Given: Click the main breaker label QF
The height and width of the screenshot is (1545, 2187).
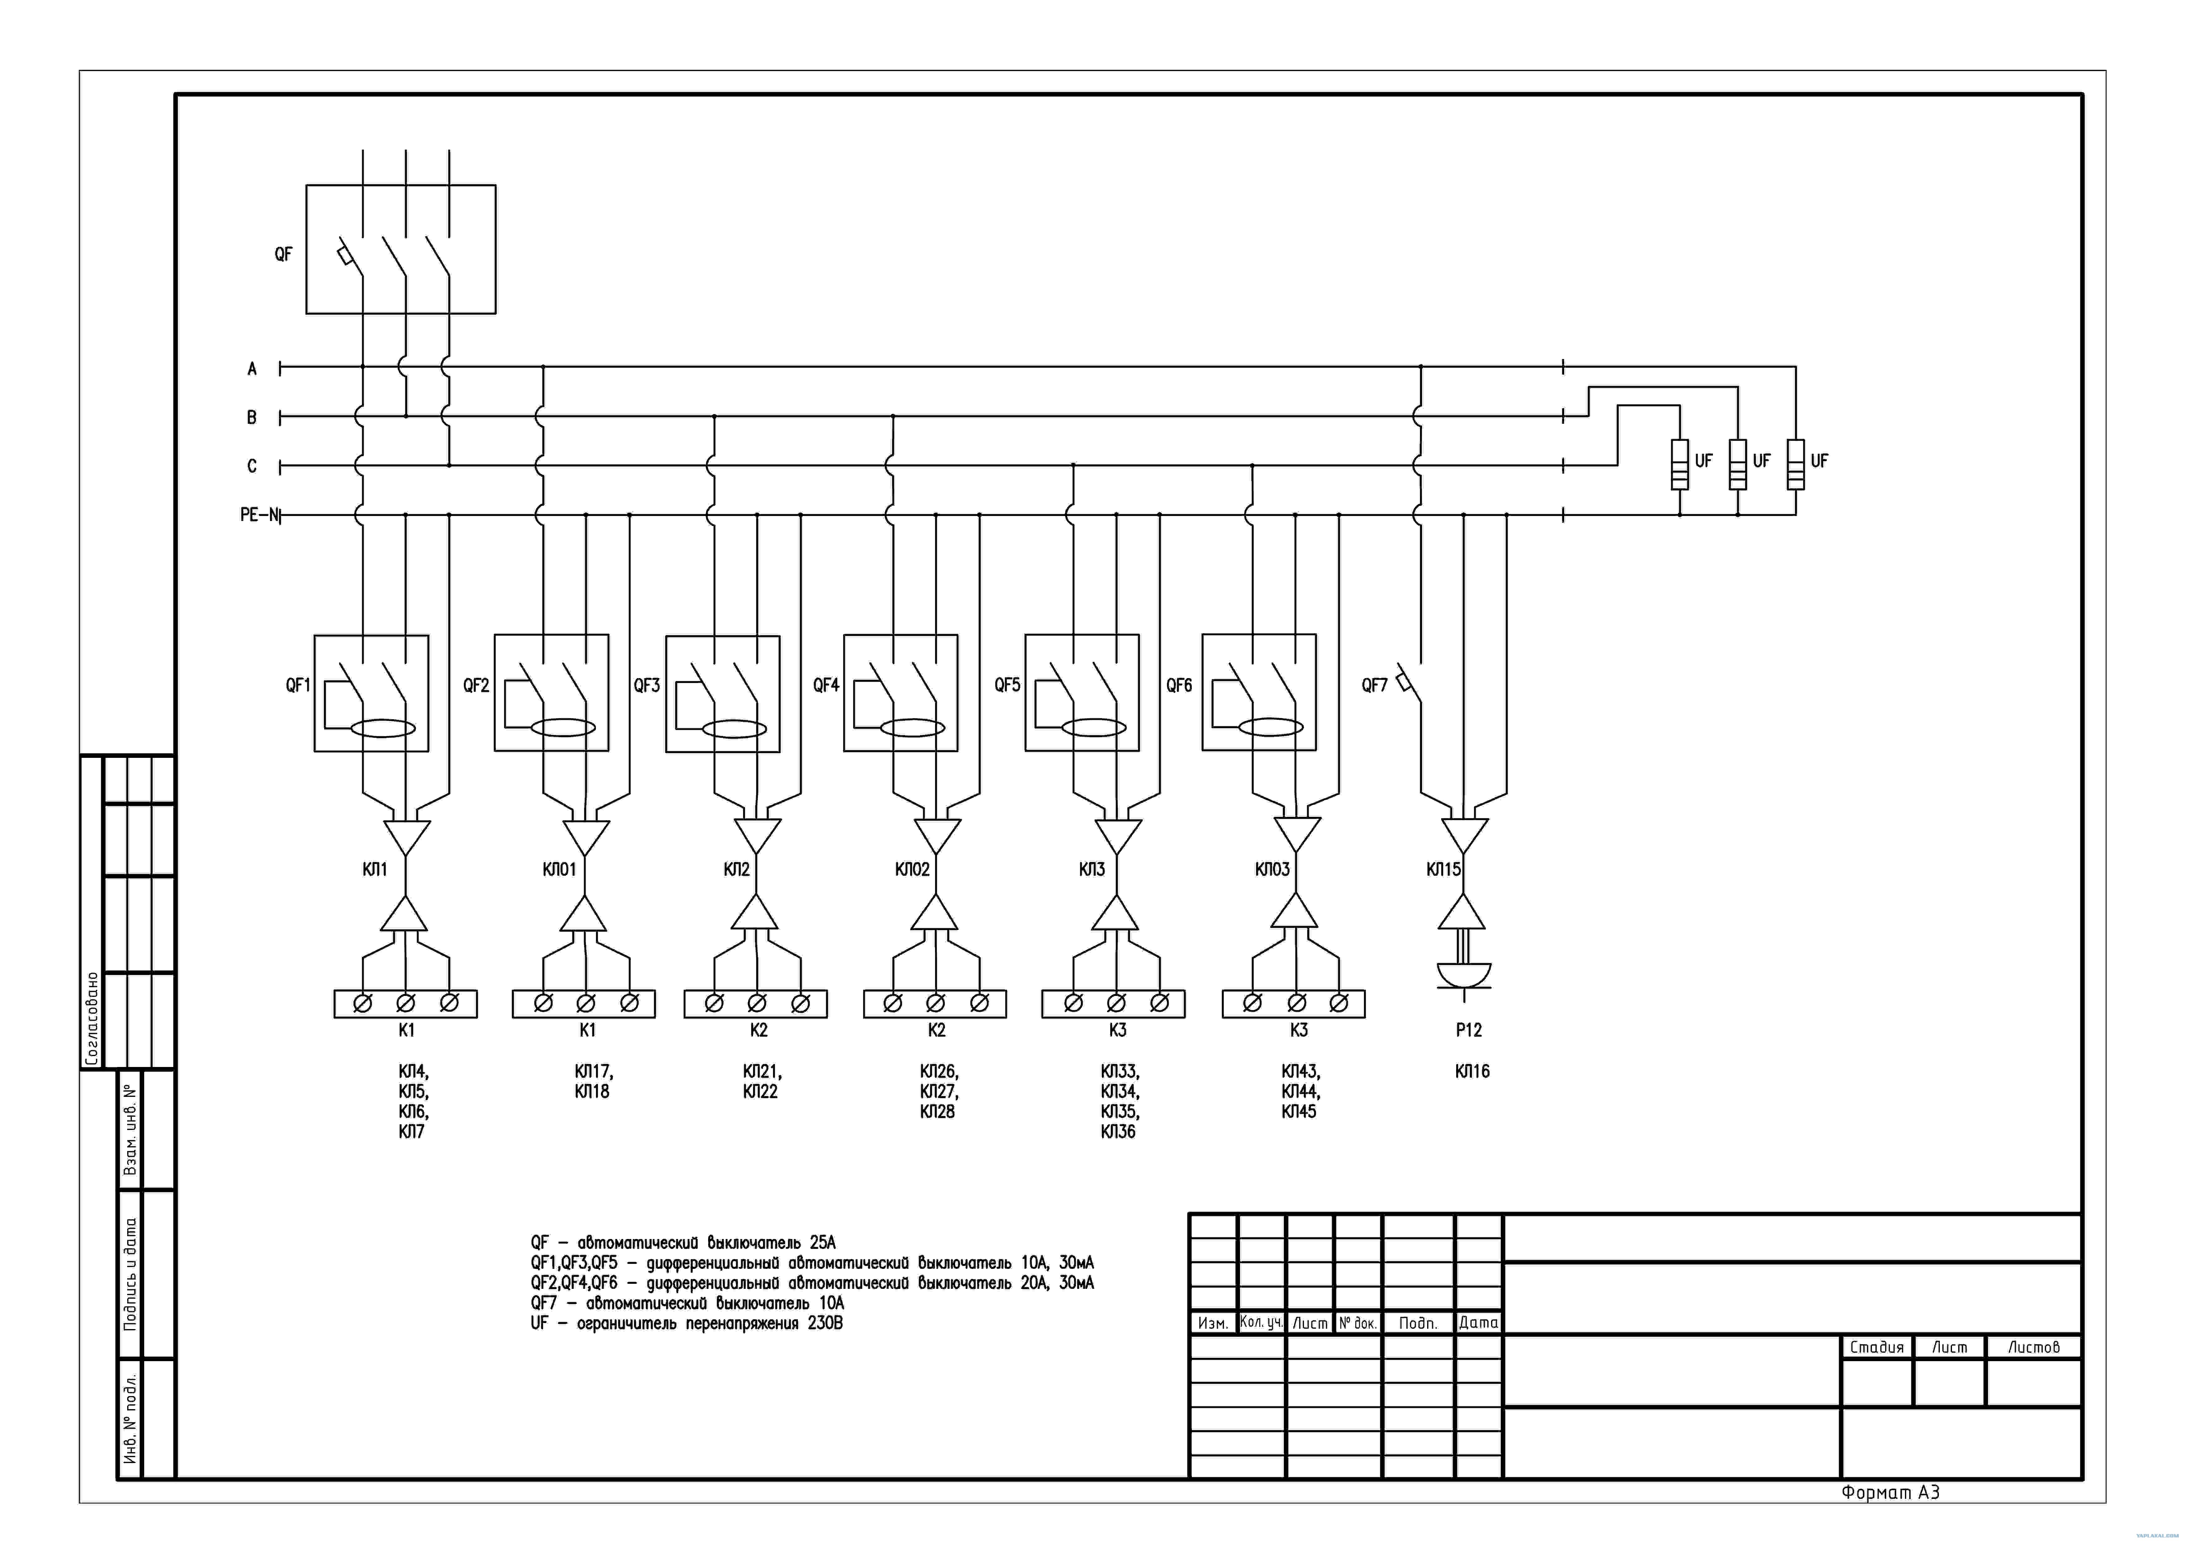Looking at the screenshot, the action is [283, 254].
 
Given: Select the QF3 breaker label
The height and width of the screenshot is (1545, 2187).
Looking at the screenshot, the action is [647, 685].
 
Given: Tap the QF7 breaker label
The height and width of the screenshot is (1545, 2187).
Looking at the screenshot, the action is [1374, 685].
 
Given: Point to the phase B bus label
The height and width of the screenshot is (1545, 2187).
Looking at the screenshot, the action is [252, 417].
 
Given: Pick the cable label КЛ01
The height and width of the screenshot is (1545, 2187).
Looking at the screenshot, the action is [559, 869].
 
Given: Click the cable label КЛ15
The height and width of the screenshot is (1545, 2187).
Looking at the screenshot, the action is [1443, 869].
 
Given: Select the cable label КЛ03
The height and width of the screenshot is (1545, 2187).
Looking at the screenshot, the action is [1273, 869].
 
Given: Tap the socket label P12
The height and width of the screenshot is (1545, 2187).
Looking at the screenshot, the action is [1469, 1030].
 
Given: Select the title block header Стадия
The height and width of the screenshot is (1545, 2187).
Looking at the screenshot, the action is [1877, 1347].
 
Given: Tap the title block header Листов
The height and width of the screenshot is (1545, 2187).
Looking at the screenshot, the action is [2034, 1347].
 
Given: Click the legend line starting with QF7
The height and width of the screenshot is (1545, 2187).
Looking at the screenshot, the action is [688, 1303].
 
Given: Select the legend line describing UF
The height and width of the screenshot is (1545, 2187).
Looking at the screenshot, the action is [687, 1323].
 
